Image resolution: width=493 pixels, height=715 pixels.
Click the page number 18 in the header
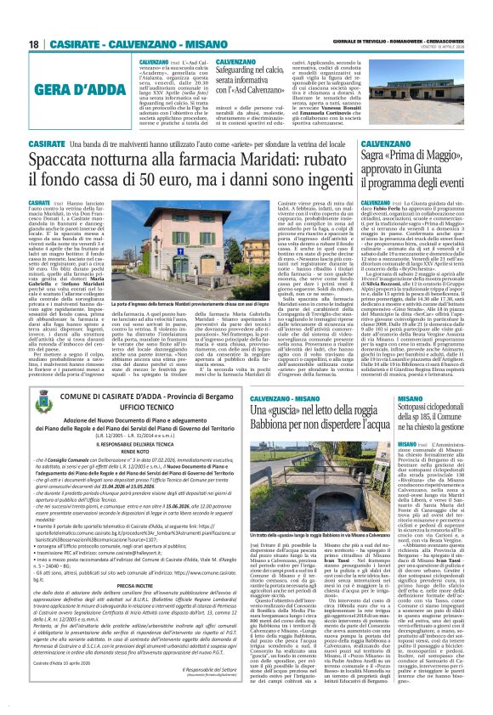pos(33,45)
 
